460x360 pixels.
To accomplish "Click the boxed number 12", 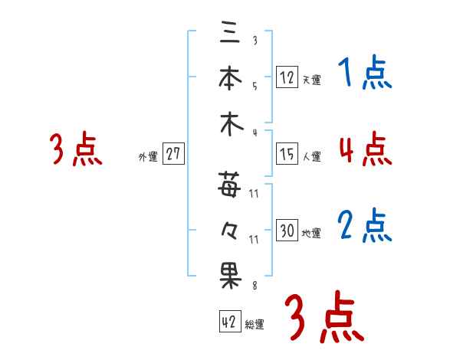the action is (x=287, y=77).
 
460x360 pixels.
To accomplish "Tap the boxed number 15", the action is (x=287, y=154).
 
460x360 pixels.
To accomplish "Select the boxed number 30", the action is (x=287, y=230).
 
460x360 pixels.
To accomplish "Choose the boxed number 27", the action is (x=173, y=154).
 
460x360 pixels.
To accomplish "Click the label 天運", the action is (x=311, y=80).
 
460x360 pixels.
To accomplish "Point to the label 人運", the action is (x=311, y=157).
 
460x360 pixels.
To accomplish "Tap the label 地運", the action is (x=311, y=233).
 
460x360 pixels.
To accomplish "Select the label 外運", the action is (x=148, y=157).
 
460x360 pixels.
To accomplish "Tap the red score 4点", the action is (x=365, y=149).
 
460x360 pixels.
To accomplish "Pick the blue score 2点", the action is (x=365, y=226).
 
